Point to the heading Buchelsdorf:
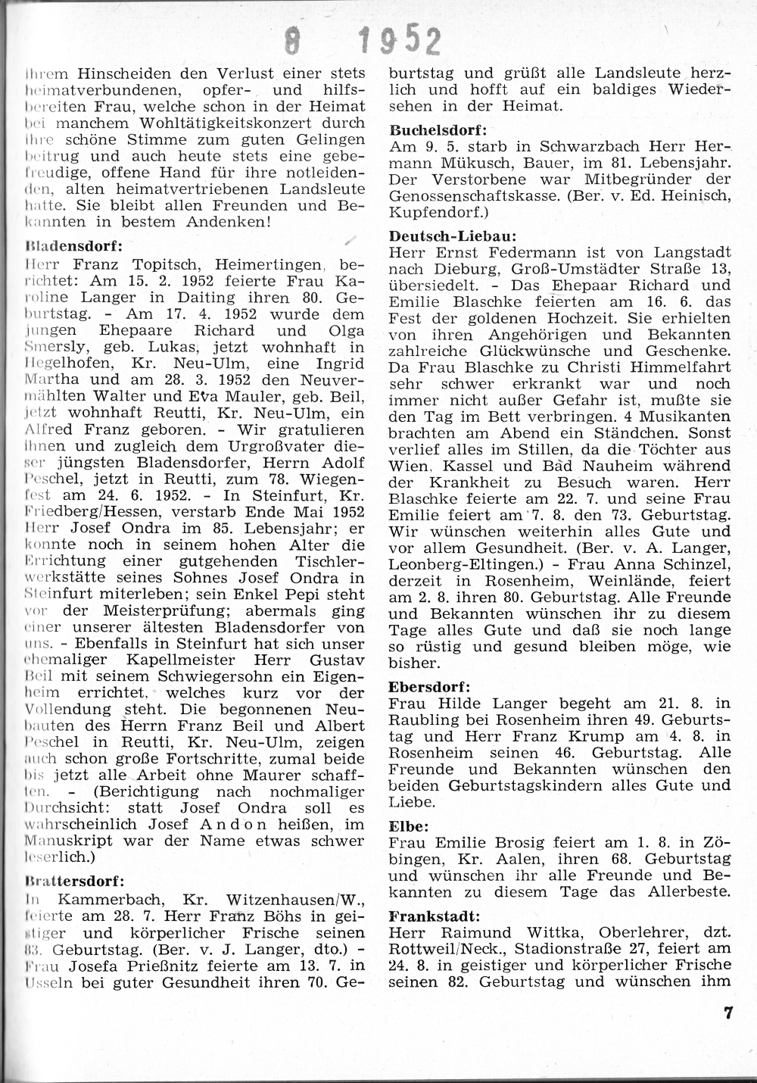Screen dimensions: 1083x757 [437, 130]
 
